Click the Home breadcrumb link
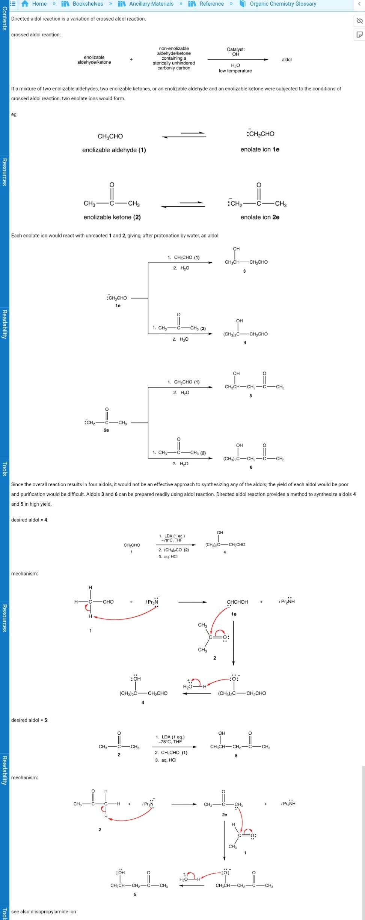coord(39,4)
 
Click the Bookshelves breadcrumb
coord(87,4)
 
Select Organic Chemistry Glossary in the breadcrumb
coord(282,4)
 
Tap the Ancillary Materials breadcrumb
coord(151,4)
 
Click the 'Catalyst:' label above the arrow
coord(235,49)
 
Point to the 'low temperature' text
coord(235,71)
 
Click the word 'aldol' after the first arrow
coord(287,60)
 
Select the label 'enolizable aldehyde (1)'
coord(114,150)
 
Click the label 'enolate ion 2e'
coord(260,217)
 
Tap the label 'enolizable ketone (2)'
coord(112,217)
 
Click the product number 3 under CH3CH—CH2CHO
coord(244,271)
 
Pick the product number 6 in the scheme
coord(251,467)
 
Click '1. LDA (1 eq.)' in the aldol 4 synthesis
coord(172,536)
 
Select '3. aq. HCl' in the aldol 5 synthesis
coord(166,760)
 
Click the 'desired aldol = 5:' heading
coord(30,720)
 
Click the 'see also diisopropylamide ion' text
coord(44,911)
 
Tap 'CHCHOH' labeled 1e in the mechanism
coord(237,602)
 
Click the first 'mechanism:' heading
coord(24,574)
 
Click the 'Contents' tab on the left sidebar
coord(4,19)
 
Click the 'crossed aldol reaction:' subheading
coord(36,35)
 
